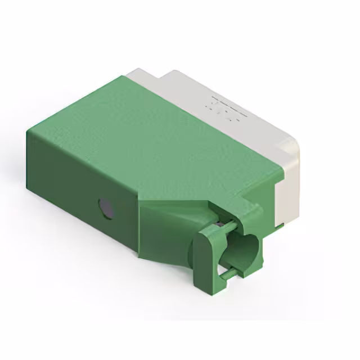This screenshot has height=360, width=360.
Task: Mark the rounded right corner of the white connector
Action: pos(294,143)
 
